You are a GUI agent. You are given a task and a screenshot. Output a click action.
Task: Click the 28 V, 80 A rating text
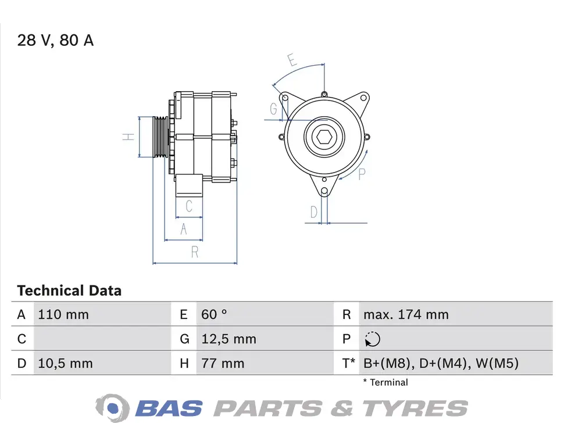tap(55, 40)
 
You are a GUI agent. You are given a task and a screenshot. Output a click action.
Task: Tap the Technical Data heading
tap(69, 291)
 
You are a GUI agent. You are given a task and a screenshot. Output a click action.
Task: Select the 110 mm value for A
tap(63, 314)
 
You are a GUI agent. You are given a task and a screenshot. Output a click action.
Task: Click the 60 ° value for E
tap(214, 314)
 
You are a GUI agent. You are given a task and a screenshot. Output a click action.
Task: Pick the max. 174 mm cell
tap(406, 314)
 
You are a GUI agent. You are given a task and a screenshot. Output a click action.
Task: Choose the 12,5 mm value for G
tap(229, 339)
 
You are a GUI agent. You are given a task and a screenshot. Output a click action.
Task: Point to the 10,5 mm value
tap(66, 363)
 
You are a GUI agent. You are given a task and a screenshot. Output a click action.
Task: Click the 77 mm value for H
tap(223, 363)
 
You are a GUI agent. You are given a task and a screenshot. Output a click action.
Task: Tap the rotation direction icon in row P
tap(372, 339)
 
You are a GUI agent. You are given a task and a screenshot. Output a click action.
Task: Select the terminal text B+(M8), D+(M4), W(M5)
tap(441, 363)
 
